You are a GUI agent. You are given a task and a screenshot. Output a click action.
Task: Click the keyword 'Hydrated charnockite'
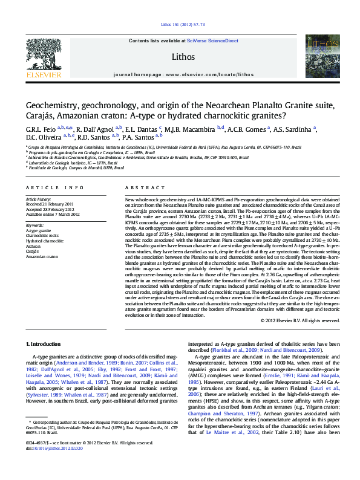(44, 240)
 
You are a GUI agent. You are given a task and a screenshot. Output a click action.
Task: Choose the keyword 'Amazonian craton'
(42, 257)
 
